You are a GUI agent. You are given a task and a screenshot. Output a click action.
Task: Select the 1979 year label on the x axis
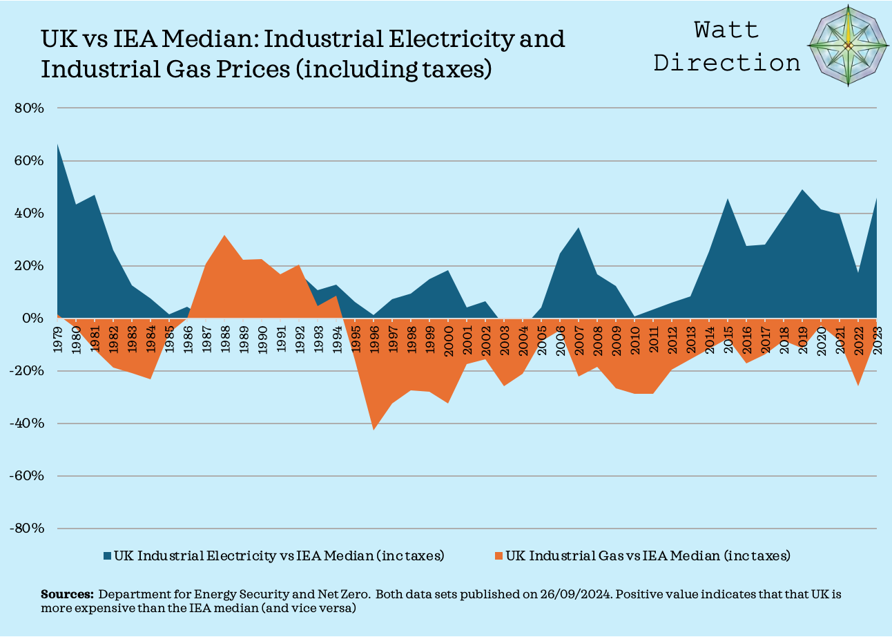(x=57, y=339)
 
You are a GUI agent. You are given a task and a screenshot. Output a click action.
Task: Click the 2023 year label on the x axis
(x=877, y=339)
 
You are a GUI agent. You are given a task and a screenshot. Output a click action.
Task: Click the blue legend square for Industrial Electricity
(x=107, y=555)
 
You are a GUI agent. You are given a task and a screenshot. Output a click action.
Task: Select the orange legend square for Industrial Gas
(x=498, y=555)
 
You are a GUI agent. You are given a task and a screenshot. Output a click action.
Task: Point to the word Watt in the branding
(x=726, y=30)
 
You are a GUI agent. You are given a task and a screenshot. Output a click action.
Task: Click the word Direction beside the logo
(x=727, y=62)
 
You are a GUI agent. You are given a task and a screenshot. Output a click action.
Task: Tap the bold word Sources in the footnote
(x=67, y=594)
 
